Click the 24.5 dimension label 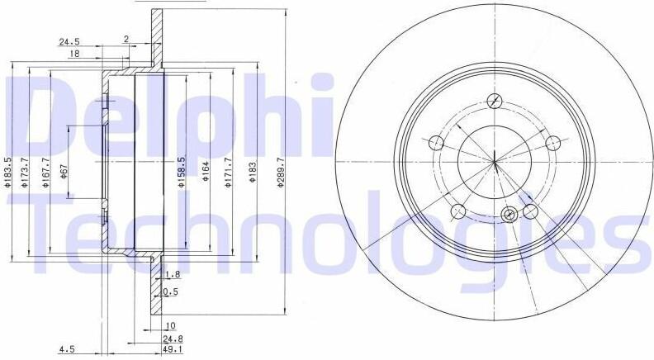click(x=69, y=42)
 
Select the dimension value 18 click(x=74, y=54)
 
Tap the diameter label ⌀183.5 click(x=7, y=173)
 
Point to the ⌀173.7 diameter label click(x=24, y=173)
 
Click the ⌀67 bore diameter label click(x=64, y=172)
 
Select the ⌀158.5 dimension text click(x=181, y=173)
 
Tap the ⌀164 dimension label click(x=206, y=172)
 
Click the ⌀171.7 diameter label click(x=228, y=173)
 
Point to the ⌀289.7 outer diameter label click(x=281, y=173)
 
